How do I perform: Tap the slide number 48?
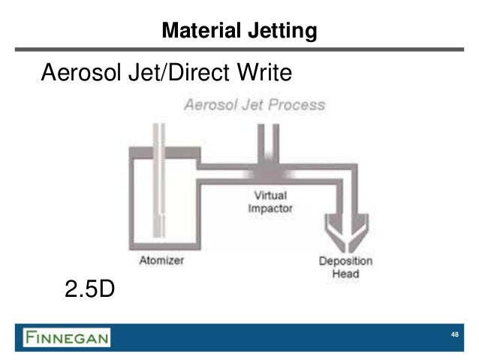[x=454, y=335]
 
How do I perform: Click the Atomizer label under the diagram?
[x=161, y=261]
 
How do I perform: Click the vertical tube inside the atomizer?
[x=159, y=180]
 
